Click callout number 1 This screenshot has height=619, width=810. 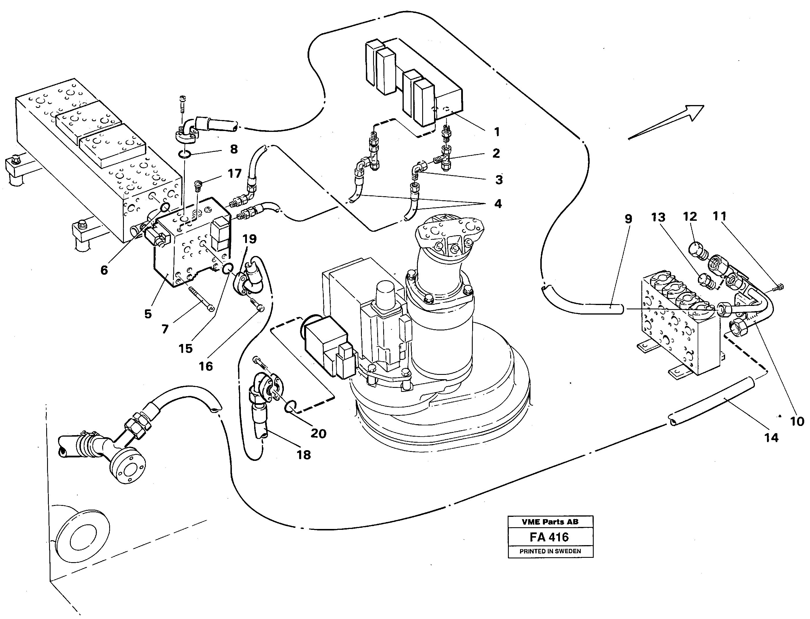pos(497,132)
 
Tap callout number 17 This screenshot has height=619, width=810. pos(234,173)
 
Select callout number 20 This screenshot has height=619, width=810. pos(318,433)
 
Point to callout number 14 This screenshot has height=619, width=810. pos(771,438)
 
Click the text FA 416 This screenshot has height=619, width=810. pos(549,537)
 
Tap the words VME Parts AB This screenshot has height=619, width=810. pos(550,522)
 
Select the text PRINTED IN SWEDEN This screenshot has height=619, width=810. pos(550,551)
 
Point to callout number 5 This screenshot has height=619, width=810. pos(148,314)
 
